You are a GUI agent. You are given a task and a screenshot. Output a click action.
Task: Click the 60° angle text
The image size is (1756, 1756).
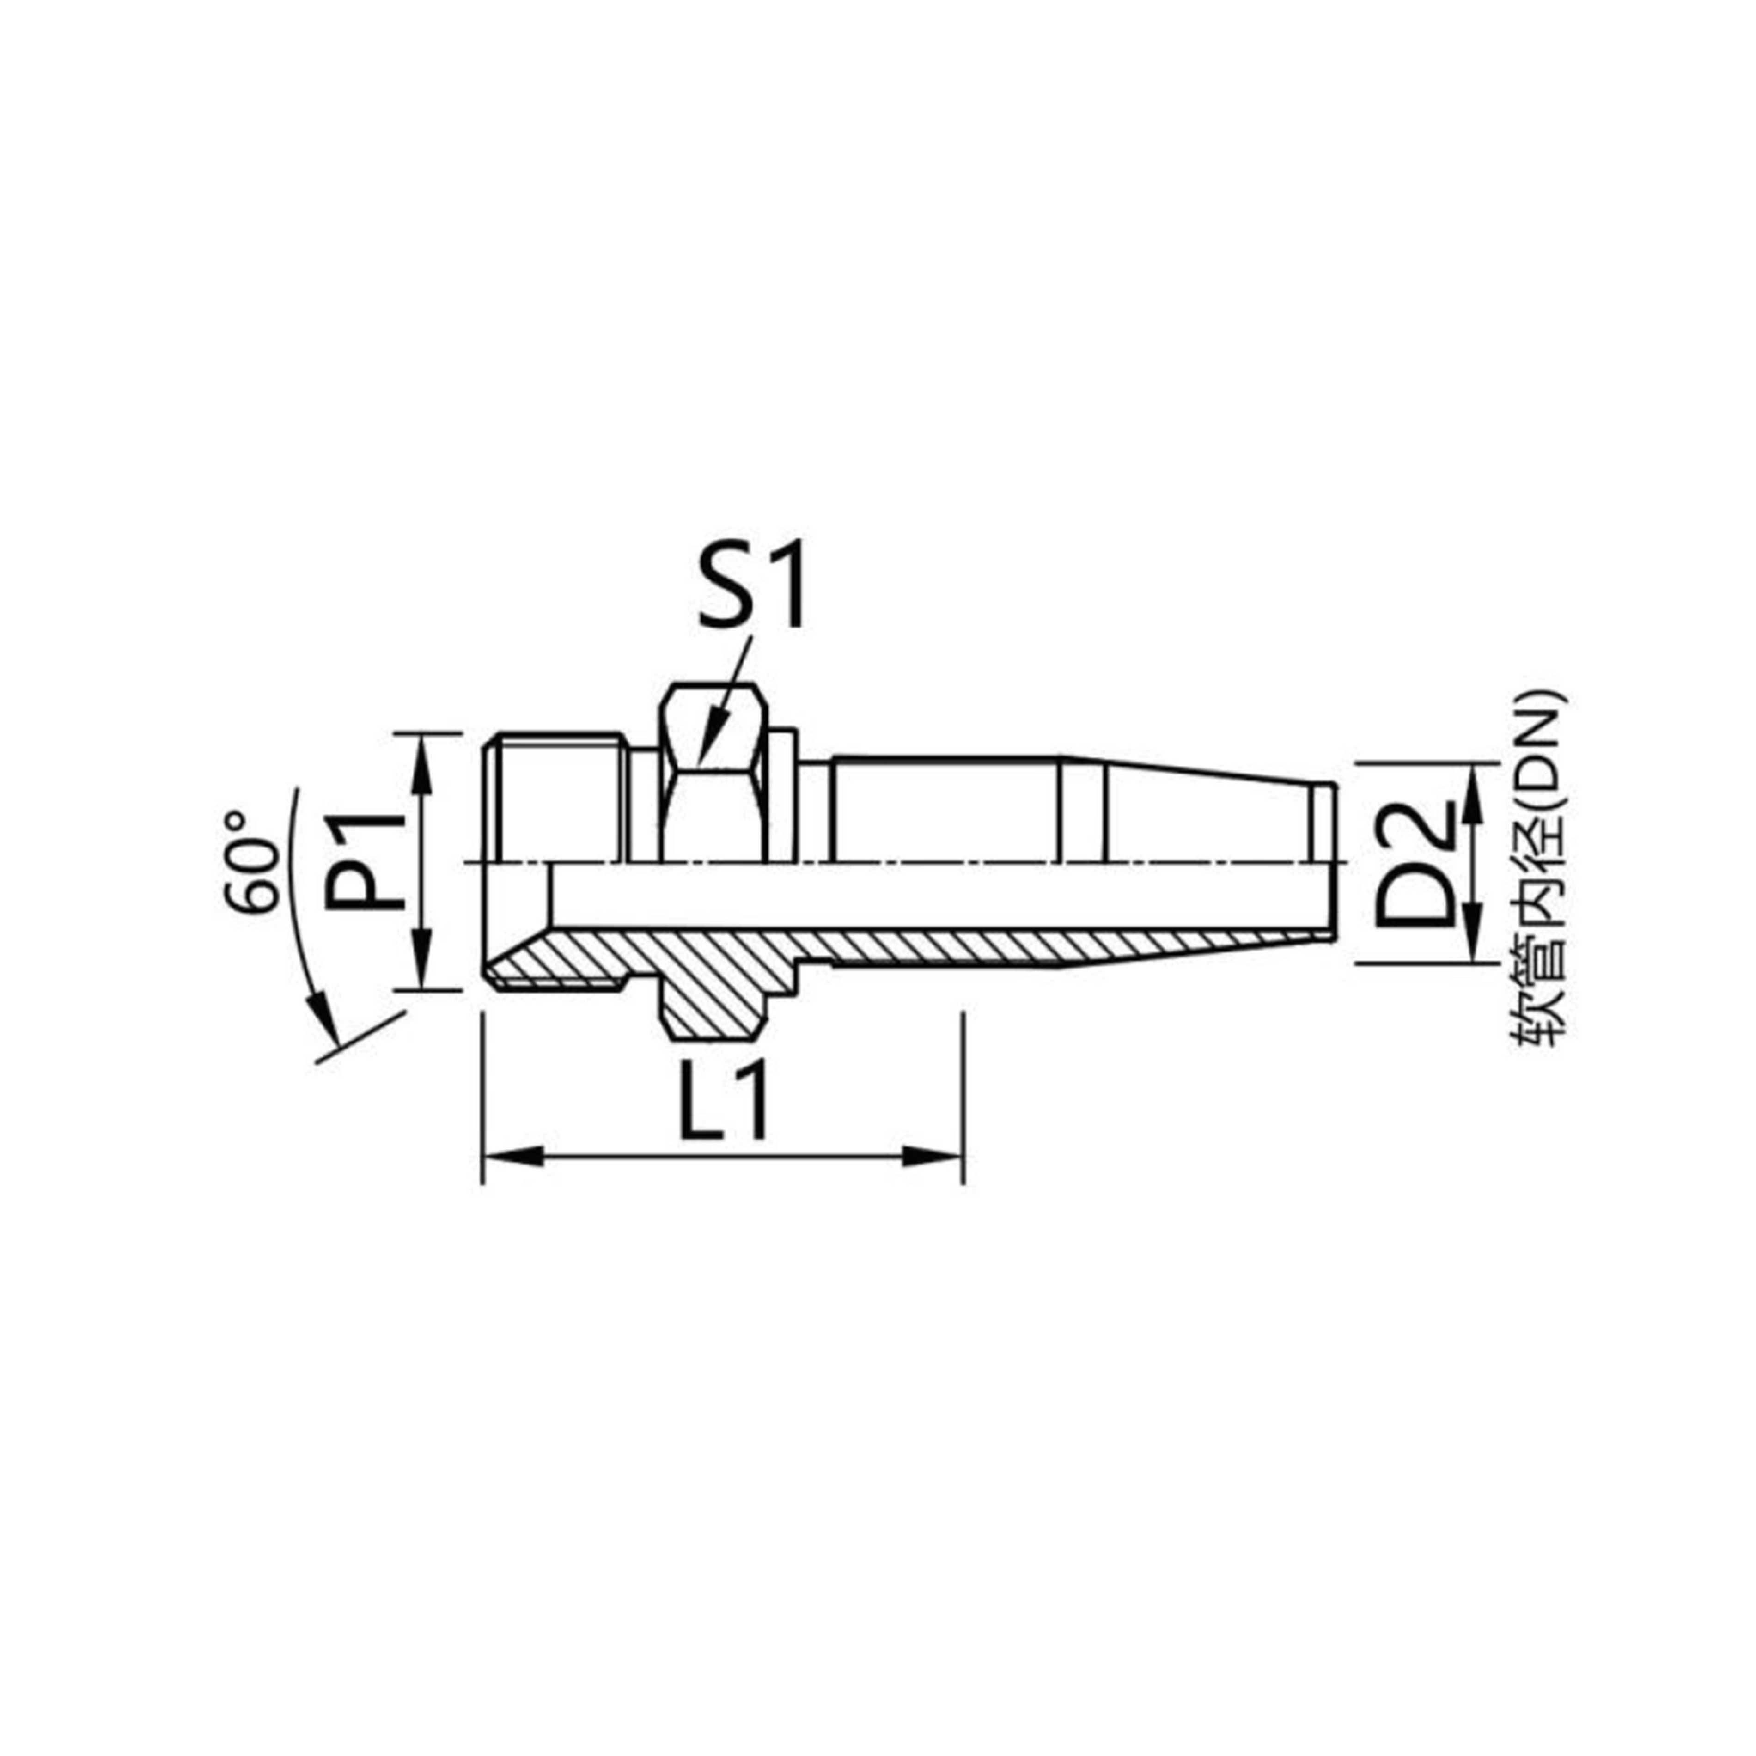point(250,862)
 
